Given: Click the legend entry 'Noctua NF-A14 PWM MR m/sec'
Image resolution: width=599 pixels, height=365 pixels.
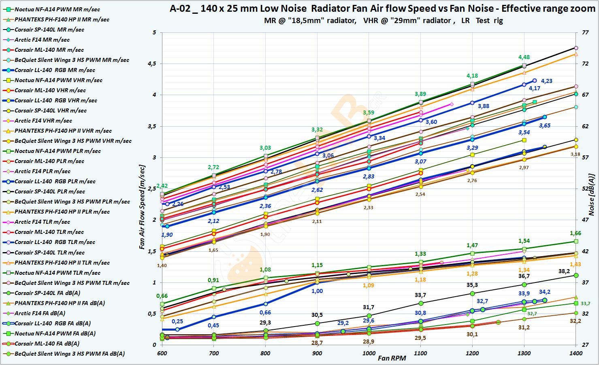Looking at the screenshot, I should (x=57, y=9).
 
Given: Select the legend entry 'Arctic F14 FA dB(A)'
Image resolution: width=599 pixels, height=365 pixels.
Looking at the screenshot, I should (x=40, y=313).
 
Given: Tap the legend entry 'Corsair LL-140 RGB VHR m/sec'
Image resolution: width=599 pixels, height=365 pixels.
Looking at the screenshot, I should (x=55, y=100).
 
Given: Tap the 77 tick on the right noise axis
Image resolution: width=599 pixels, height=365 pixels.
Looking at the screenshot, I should (x=585, y=32).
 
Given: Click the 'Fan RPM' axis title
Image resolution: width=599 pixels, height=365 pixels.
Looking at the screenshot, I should (x=392, y=358).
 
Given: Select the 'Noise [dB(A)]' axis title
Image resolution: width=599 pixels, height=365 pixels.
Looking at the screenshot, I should (x=592, y=196).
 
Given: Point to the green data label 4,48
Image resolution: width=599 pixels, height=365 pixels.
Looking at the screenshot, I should (x=524, y=57).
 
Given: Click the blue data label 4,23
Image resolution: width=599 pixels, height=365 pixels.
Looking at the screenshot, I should (x=546, y=81).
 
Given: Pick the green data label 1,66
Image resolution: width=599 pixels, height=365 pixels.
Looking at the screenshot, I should (x=575, y=233).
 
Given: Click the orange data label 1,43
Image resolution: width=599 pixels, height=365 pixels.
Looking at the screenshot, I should (x=576, y=264).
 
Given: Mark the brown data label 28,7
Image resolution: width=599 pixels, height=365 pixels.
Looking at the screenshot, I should (x=317, y=342).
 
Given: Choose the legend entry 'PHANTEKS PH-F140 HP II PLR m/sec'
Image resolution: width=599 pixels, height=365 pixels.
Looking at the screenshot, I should (x=62, y=212).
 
